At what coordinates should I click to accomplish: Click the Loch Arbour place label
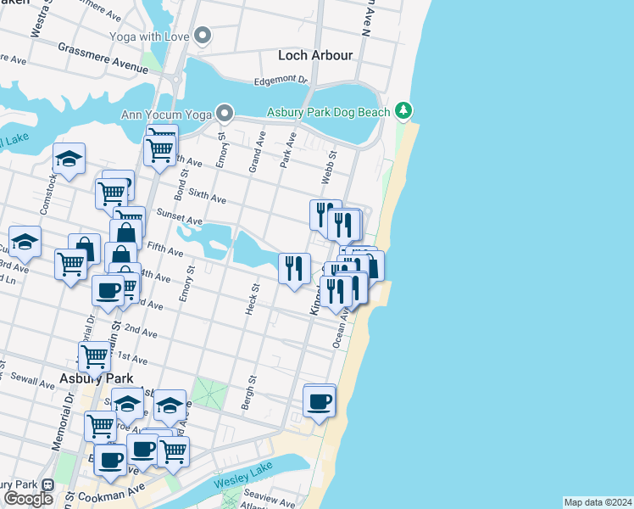point(315,56)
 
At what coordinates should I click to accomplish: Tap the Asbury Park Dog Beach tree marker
point(404,111)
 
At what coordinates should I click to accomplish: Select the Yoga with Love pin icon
point(202,36)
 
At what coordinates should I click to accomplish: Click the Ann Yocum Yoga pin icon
point(224,112)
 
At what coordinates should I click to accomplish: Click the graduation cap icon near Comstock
point(69,158)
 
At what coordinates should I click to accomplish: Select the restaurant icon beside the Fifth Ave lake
point(293,268)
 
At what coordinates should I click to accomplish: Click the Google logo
point(29,498)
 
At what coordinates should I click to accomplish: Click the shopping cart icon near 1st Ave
point(93,356)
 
